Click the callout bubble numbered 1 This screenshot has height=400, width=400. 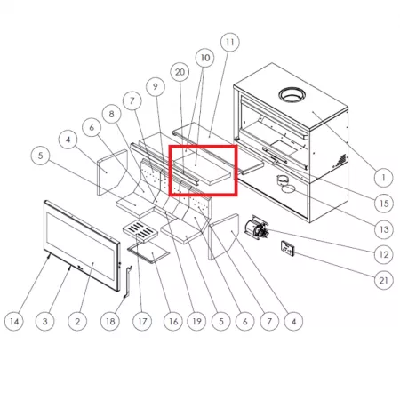coord(383,178)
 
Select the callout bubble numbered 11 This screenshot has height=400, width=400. coord(230,43)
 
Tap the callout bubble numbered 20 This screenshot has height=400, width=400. coord(180,72)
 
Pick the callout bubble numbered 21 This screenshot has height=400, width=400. coord(384,280)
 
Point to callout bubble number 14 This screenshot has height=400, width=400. coord(14,321)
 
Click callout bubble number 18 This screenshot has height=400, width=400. coord(110,321)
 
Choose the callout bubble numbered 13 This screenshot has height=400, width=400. coord(384,229)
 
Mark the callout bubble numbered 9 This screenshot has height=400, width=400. coord(156,86)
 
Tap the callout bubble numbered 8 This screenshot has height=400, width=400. coord(111,114)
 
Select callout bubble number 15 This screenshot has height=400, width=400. coord(384,204)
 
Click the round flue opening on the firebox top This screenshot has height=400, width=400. coord(292,95)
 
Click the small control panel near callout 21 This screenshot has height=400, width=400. coord(287,248)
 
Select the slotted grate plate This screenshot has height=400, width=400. coord(140,231)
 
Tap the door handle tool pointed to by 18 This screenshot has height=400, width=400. coord(128,282)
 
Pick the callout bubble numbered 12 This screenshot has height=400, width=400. coord(384,254)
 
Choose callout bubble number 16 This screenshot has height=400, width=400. coord(173,321)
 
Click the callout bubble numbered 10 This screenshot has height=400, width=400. coord(205,58)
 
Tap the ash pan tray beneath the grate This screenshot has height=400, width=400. coord(148,252)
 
